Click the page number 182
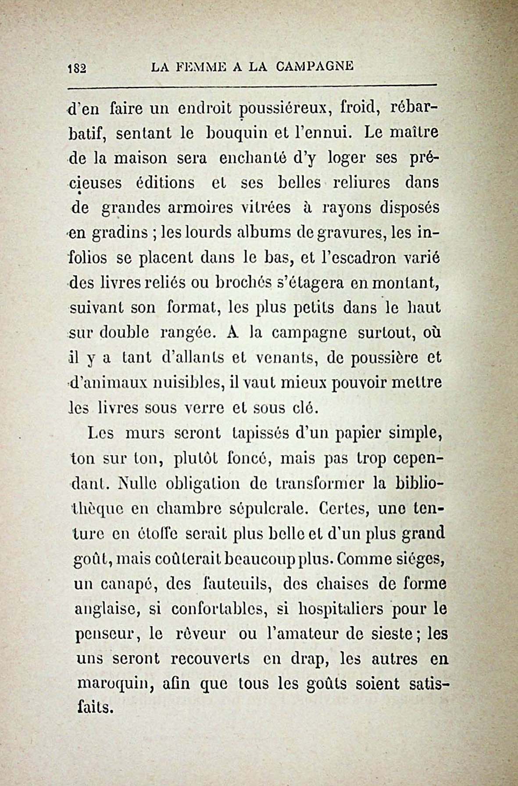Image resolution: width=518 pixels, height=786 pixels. click(78, 68)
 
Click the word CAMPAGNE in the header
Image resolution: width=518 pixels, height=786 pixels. click(315, 67)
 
